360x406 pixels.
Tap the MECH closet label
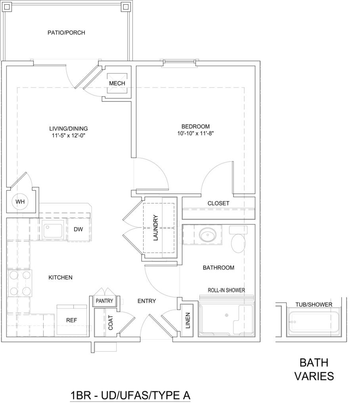click(x=117, y=83)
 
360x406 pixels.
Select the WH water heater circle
click(x=20, y=202)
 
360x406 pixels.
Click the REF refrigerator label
click(x=71, y=320)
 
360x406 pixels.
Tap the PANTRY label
click(x=104, y=301)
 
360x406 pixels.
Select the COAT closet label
click(x=111, y=323)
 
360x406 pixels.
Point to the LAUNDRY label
click(x=155, y=228)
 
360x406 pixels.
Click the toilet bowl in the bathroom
click(x=238, y=243)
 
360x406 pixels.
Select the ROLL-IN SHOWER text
click(x=226, y=290)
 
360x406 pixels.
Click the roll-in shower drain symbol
click(x=226, y=315)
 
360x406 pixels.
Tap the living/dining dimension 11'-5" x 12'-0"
click(x=68, y=135)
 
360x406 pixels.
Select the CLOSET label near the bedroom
click(x=218, y=203)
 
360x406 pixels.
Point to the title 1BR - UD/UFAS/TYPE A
click(x=130, y=395)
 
